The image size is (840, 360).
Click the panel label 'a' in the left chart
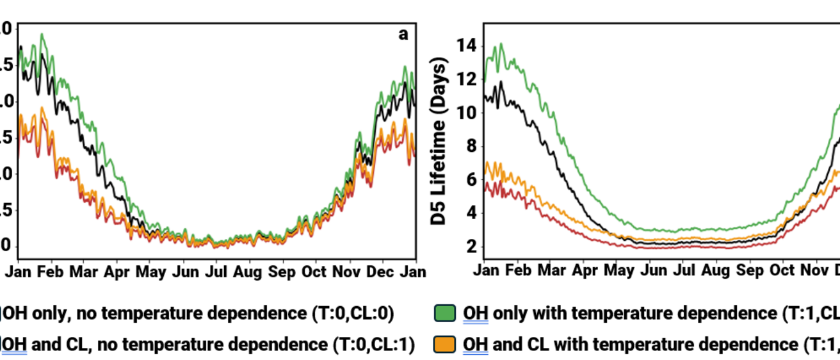(x=403, y=35)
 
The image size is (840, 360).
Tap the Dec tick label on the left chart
(x=380, y=272)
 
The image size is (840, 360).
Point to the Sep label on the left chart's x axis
(x=282, y=272)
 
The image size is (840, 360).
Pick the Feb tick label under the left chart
(x=51, y=272)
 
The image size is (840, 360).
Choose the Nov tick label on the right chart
(x=816, y=270)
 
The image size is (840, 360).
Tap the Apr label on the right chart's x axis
(x=584, y=270)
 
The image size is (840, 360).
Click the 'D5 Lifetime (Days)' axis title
(x=439, y=143)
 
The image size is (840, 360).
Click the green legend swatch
(x=446, y=313)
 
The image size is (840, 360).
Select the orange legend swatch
(x=446, y=345)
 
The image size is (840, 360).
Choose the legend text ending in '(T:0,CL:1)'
(x=209, y=345)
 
